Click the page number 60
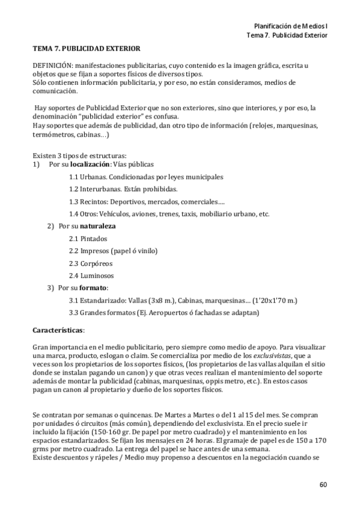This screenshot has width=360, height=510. pyautogui.click(x=323, y=485)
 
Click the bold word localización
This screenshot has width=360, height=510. pyautogui.click(x=90, y=164)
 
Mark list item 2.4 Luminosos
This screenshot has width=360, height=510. pyautogui.click(x=91, y=275)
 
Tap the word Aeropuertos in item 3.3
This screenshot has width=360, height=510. pyautogui.click(x=165, y=313)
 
